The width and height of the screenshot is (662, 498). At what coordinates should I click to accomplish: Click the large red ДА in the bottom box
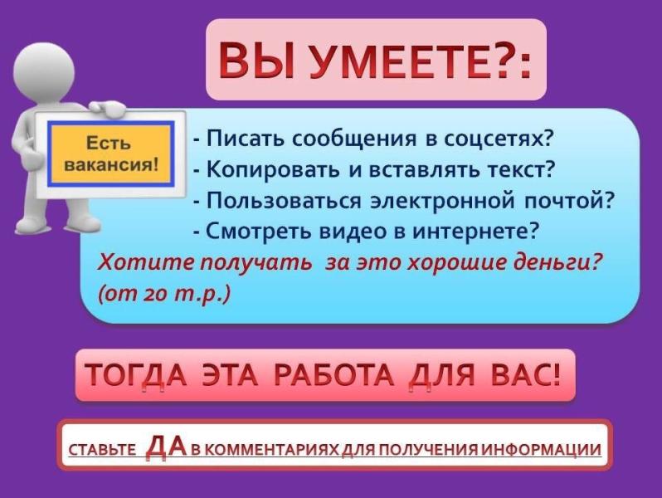(165, 447)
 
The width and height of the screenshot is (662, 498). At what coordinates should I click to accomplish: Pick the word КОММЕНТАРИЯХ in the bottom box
(278, 452)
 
